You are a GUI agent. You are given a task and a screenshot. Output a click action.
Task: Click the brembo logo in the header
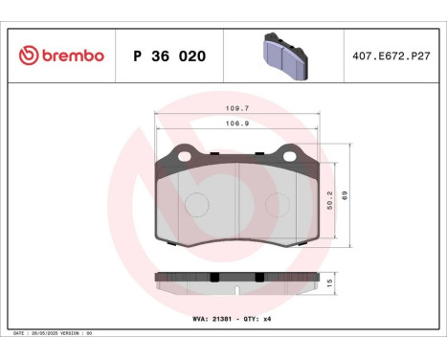tap(60, 56)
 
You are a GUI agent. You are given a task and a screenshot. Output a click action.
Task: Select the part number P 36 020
tap(168, 56)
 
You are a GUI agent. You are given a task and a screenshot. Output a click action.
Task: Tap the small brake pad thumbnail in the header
tap(282, 55)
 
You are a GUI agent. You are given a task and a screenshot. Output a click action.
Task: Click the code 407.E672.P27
tap(391, 56)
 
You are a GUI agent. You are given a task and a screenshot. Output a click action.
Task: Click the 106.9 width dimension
tap(236, 124)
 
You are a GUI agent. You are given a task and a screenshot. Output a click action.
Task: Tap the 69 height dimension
tap(346, 195)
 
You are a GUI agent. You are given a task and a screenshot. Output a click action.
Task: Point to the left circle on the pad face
tap(196, 205)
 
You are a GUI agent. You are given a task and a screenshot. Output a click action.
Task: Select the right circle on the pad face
tap(277, 205)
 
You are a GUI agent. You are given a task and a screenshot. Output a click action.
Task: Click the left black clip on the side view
tap(214, 278)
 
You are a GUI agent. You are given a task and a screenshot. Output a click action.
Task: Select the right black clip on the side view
tap(257, 278)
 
